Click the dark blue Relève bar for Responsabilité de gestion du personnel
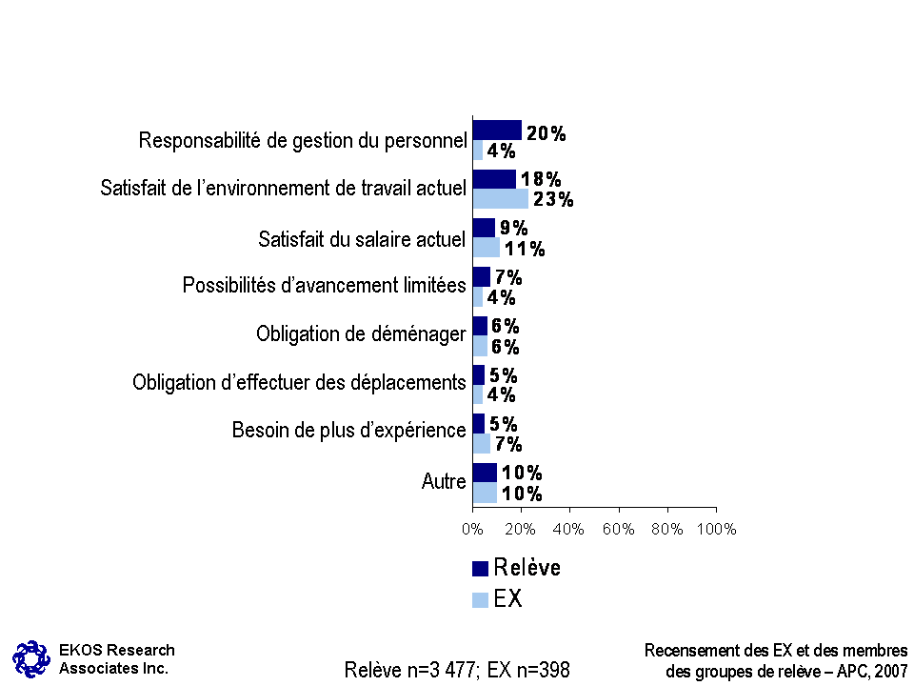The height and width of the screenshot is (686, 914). click(x=497, y=131)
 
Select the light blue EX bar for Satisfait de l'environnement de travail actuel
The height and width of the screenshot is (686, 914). click(x=501, y=199)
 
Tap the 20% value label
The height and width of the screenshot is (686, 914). click(x=546, y=134)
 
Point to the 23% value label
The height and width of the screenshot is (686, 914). click(x=553, y=200)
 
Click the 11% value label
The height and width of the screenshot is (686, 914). click(x=525, y=250)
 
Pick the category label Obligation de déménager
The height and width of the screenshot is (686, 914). click(x=361, y=334)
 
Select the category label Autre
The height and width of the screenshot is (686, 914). click(x=444, y=482)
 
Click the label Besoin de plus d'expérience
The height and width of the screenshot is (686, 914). click(x=349, y=431)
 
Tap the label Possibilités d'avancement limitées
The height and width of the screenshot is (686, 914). click(x=325, y=285)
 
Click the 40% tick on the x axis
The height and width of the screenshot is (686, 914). click(x=569, y=529)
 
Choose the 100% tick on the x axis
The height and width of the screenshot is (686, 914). click(x=715, y=529)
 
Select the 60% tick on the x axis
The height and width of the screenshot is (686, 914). click(x=619, y=529)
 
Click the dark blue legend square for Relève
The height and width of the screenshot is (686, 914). click(x=481, y=569)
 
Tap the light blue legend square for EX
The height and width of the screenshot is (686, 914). click(x=481, y=600)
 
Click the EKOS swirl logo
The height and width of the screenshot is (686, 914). click(x=30, y=658)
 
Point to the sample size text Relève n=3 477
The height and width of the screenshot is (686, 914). click(x=411, y=671)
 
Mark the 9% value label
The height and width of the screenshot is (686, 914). click(x=514, y=229)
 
